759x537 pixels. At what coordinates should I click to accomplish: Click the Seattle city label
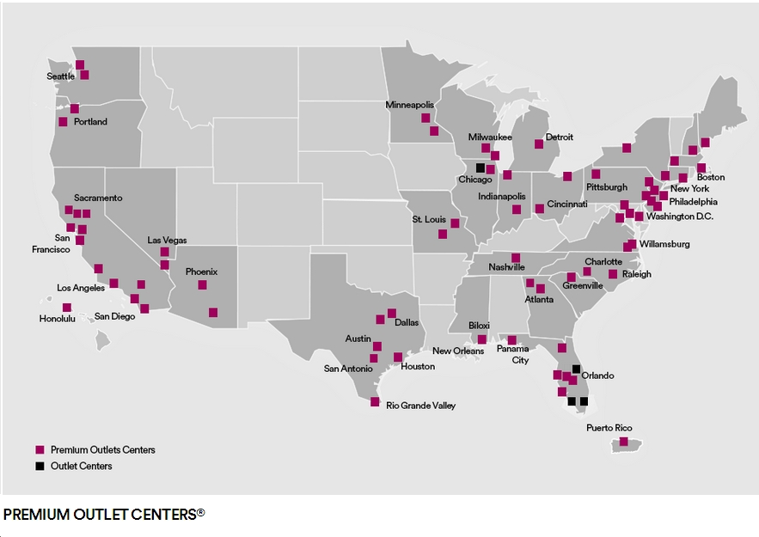pyautogui.click(x=60, y=76)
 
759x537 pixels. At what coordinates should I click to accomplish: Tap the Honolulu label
pyautogui.click(x=58, y=318)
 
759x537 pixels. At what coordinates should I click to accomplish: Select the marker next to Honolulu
pyautogui.click(x=66, y=307)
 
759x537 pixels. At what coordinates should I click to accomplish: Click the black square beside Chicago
pyautogui.click(x=480, y=167)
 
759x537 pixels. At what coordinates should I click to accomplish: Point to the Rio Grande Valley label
pyautogui.click(x=420, y=405)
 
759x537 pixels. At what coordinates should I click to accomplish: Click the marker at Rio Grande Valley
pyautogui.click(x=375, y=401)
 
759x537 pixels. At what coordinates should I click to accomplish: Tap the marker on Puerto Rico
pyautogui.click(x=624, y=442)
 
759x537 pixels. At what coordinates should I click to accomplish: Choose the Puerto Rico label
pyautogui.click(x=609, y=428)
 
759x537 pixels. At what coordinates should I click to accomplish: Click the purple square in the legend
pyautogui.click(x=40, y=449)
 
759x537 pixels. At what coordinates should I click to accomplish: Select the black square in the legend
pyautogui.click(x=40, y=466)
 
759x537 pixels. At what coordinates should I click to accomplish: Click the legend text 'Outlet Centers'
pyautogui.click(x=81, y=466)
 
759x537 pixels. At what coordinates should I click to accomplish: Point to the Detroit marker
pyautogui.click(x=539, y=143)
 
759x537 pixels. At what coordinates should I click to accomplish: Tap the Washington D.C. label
pyautogui.click(x=680, y=217)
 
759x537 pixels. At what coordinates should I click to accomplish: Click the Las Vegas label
pyautogui.click(x=167, y=240)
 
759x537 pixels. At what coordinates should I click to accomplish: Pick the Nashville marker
pyautogui.click(x=516, y=257)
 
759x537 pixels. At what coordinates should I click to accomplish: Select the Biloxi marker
pyautogui.click(x=482, y=339)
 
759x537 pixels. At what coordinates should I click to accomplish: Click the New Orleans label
pyautogui.click(x=458, y=351)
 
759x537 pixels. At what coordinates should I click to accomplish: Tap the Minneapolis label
pyautogui.click(x=410, y=105)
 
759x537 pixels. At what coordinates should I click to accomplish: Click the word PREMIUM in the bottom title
pyautogui.click(x=34, y=514)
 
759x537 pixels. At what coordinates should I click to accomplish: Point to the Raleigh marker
pyautogui.click(x=613, y=274)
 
